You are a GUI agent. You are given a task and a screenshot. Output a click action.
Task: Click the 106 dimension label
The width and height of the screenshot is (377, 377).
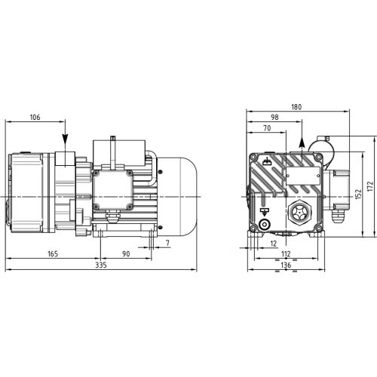pos(35,118)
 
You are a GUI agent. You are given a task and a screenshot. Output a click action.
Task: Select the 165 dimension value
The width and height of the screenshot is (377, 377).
pos(53,254)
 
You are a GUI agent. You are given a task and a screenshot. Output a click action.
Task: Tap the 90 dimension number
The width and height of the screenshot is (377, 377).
pos(126,254)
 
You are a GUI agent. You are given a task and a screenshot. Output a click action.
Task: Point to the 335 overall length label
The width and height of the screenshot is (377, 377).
pos(101,265)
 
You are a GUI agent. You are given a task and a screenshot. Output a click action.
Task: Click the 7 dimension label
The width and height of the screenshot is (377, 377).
pos(167,243)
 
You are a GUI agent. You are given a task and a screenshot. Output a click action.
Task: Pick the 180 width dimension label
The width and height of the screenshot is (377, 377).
pos(296,107)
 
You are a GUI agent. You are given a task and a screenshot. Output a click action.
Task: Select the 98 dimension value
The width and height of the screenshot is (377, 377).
pos(274,118)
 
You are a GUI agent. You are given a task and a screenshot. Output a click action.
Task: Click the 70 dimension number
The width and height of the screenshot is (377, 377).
pos(267,128)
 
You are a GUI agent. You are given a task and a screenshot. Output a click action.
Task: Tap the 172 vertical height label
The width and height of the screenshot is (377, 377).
pos(370,186)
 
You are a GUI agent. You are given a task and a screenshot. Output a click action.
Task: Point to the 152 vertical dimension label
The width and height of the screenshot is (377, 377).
pos(358,194)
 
